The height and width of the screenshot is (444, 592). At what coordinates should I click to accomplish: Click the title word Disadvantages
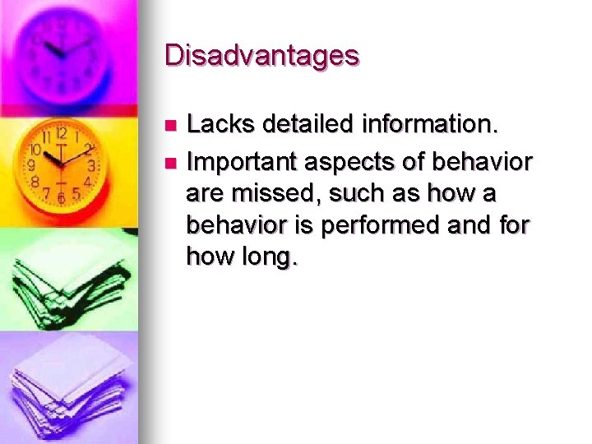(261, 55)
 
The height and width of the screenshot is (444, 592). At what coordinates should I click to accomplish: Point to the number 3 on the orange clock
(91, 166)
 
